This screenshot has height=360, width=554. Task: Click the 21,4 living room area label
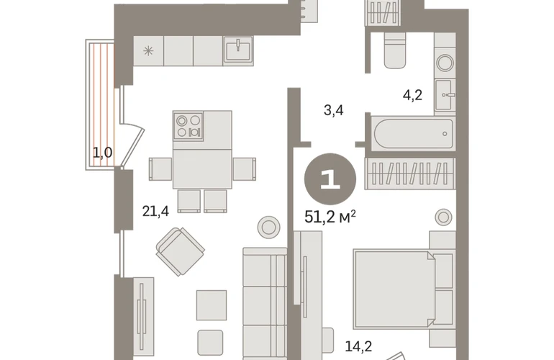pos(155,211)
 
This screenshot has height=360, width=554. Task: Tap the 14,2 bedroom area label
pos(358,346)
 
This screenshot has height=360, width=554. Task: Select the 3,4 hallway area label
pos(334,111)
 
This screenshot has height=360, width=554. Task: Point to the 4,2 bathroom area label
pos(412,95)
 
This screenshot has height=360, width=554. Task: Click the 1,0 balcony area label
pos(102,153)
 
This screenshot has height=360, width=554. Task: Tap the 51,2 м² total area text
pos(330,217)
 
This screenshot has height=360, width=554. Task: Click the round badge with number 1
pos(330,179)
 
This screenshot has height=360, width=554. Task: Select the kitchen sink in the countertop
pos(238,50)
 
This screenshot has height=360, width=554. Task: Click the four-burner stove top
pos(189,126)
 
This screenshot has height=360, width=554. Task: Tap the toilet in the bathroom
pos(395,50)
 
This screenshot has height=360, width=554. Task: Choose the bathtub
pos(413,134)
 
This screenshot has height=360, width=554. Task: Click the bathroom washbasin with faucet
pos(444,95)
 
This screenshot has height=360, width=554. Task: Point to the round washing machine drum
pos(445,63)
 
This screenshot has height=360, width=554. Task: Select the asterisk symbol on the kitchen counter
pos(148,51)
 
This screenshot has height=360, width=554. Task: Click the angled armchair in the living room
pos(181,251)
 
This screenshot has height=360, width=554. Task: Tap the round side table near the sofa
pos(268,227)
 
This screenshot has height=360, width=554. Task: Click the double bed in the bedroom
pos(403,289)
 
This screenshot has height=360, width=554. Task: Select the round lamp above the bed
pos(443,217)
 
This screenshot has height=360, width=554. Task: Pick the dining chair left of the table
pos(160,169)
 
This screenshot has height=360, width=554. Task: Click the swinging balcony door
pos(132,145)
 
